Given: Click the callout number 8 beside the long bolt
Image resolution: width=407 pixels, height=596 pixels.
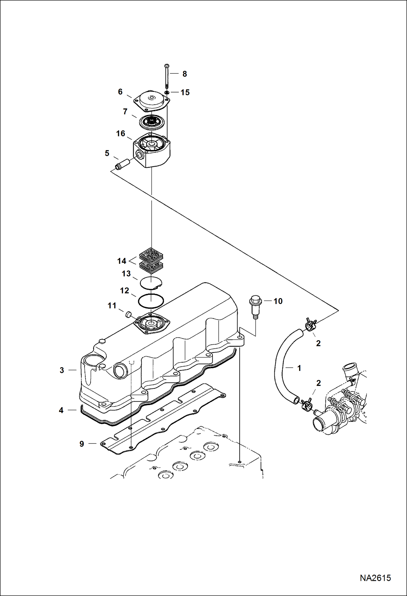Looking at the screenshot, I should (184, 74).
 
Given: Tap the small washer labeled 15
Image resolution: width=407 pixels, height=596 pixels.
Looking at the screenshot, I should (167, 93).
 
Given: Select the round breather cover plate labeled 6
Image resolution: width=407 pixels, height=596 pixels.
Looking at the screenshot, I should (152, 102).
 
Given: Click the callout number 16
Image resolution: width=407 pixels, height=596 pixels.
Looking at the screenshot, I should (121, 133).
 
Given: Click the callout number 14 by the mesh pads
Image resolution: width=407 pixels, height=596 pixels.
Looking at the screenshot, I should (122, 261).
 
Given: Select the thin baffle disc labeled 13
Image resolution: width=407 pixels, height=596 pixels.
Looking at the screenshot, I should (151, 282).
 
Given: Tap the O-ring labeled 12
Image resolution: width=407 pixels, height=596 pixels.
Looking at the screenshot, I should (151, 301).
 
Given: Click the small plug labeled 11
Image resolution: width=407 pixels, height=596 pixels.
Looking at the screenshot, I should (128, 315).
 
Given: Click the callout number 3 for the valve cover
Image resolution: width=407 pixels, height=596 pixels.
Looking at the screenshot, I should (62, 370).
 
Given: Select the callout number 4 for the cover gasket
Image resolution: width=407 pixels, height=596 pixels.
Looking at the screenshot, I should (61, 410).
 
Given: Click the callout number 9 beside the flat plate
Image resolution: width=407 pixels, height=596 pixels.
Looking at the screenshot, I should (82, 444).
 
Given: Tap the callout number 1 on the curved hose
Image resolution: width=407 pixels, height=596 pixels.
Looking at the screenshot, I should (299, 368).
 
